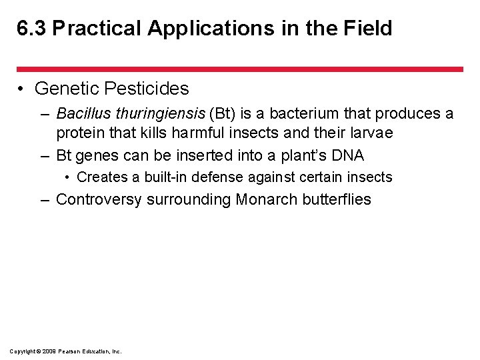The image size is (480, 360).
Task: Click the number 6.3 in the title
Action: (31, 29)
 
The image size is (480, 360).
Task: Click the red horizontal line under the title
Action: (239, 69)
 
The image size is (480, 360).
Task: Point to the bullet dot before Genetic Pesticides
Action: (22, 89)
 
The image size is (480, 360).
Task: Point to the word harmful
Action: (199, 133)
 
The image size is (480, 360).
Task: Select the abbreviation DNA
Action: (347, 156)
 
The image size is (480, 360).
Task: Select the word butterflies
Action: (337, 199)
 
